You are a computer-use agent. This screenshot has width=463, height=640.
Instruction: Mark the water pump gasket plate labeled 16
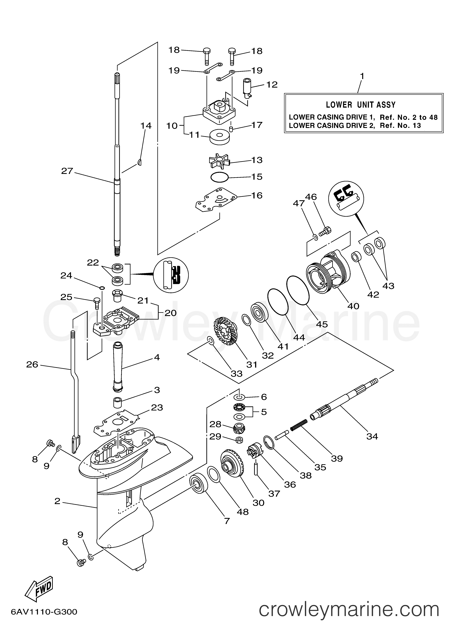[x=216, y=201]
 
